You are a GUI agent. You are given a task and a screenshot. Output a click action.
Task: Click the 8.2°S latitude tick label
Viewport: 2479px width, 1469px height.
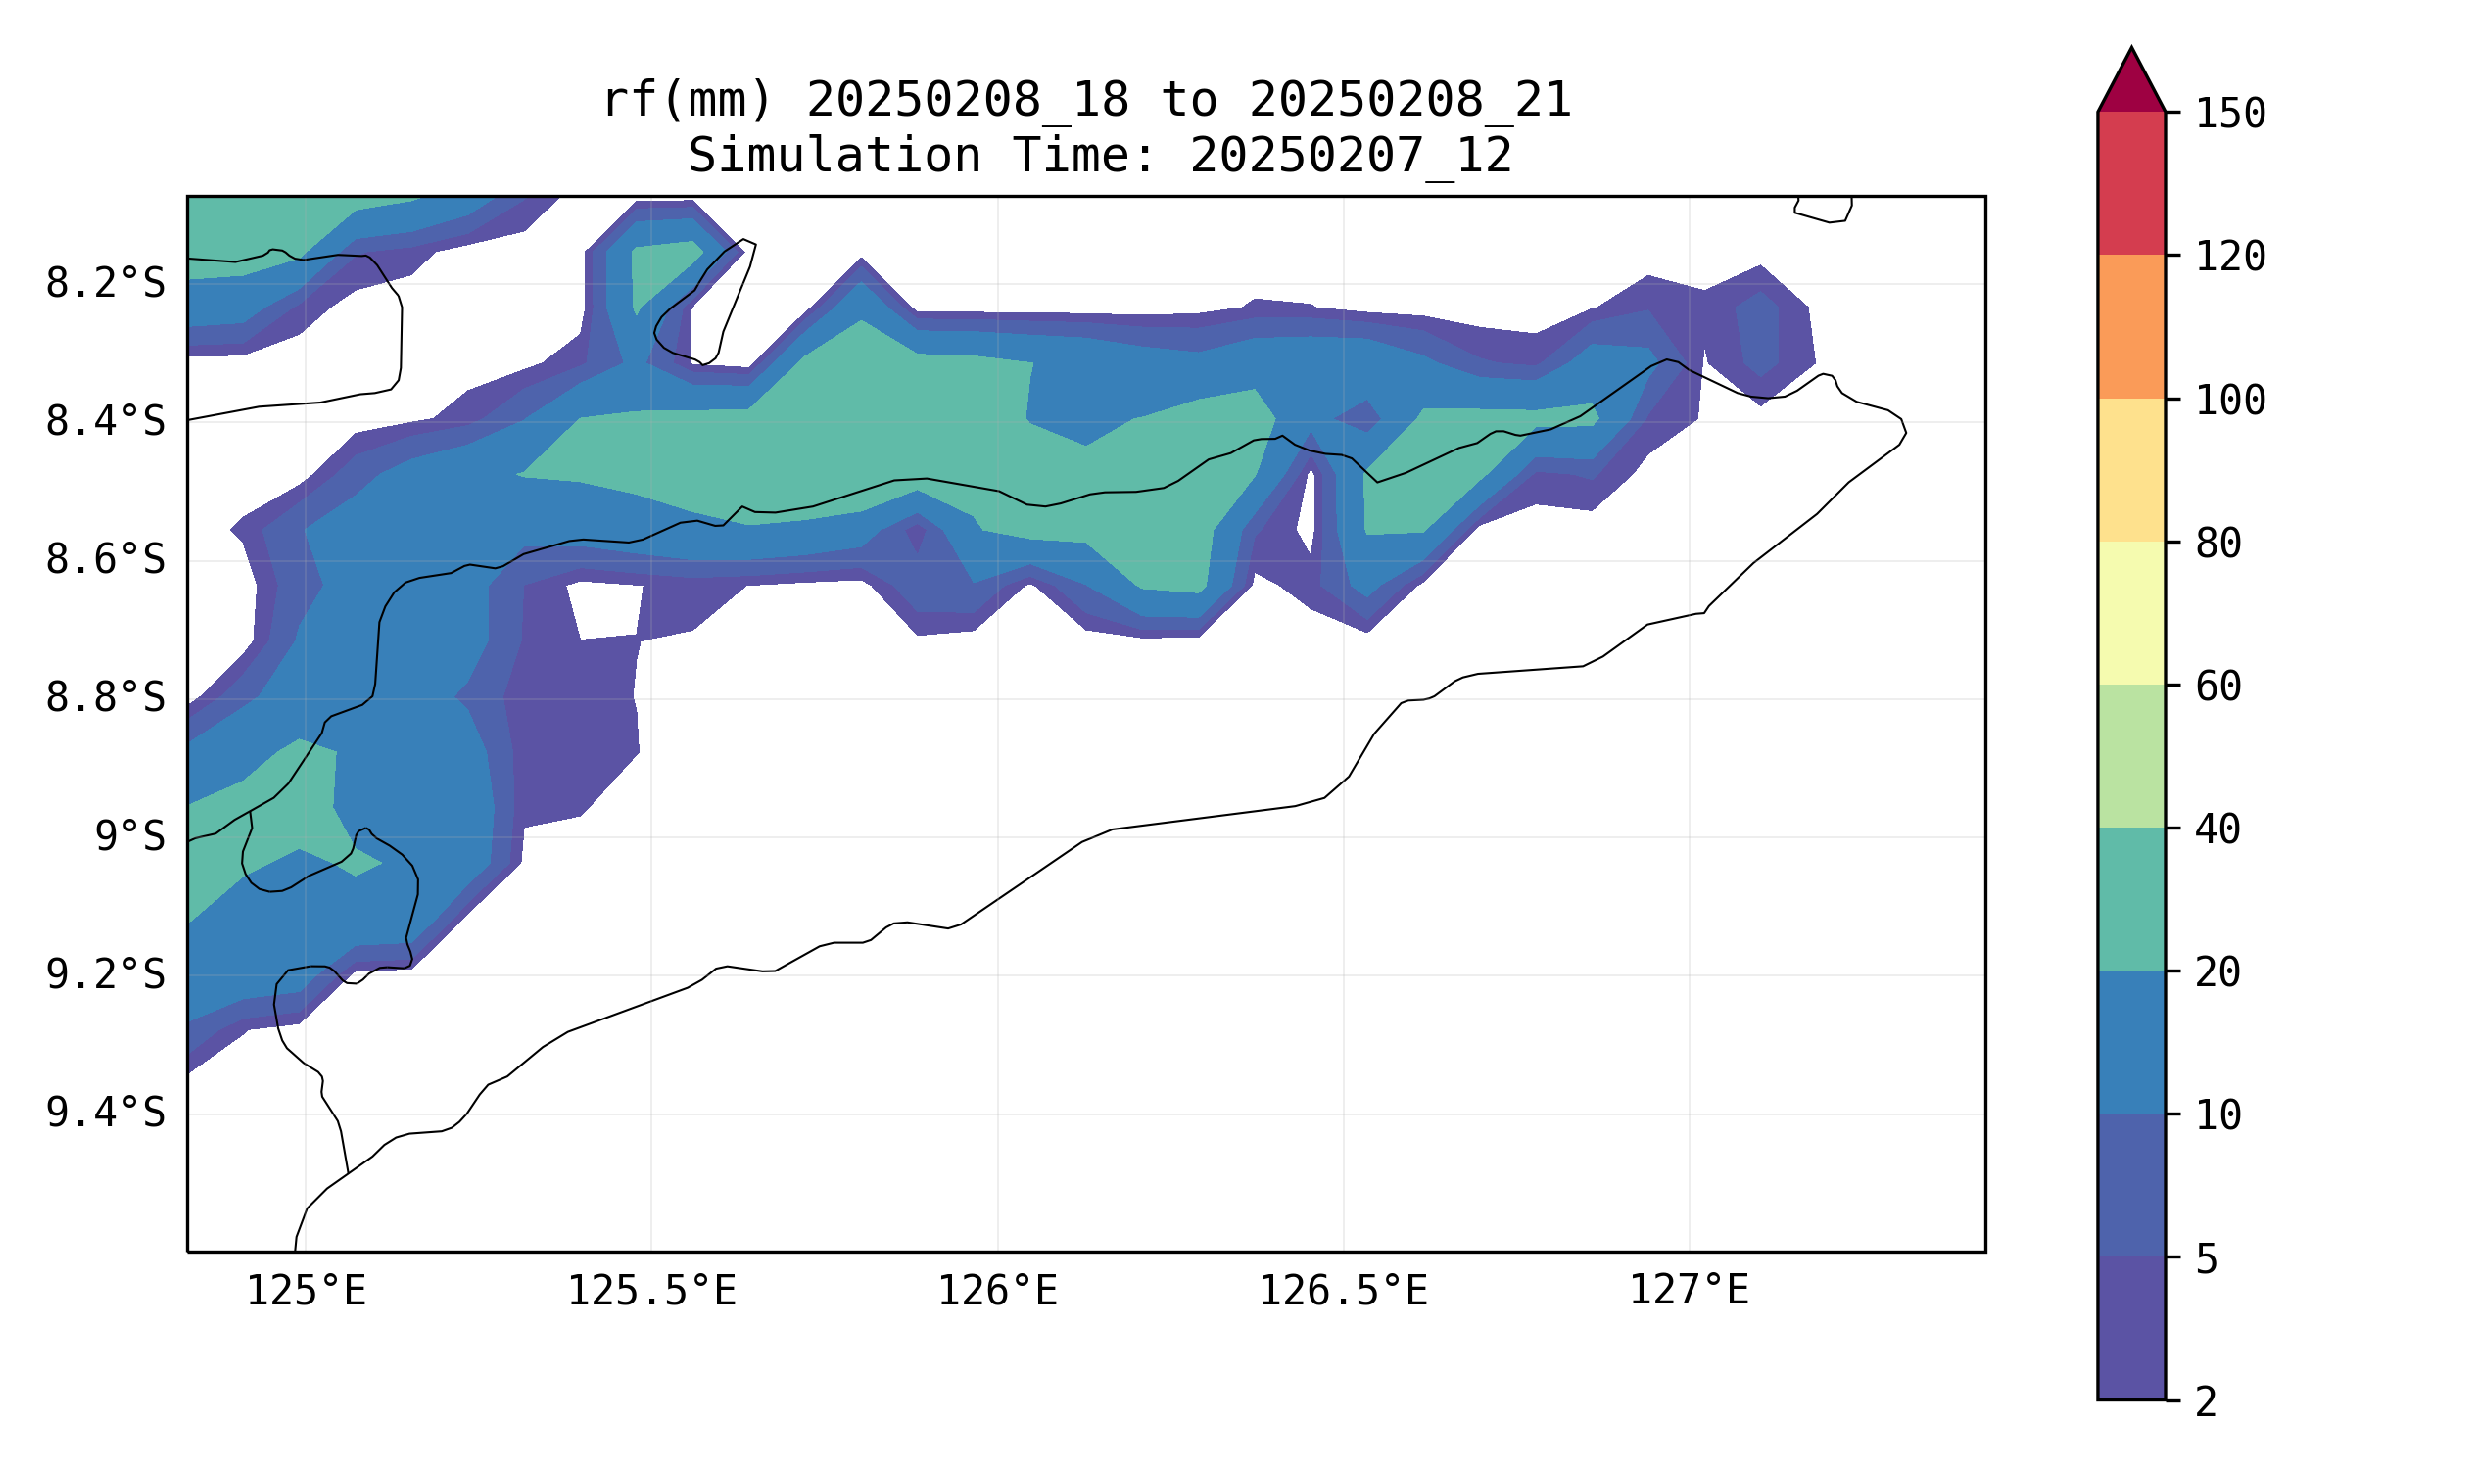point(105,284)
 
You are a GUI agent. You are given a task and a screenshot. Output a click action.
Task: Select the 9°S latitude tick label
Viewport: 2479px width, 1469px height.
point(129,837)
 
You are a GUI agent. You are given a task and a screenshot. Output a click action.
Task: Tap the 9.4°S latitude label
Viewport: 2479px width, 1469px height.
point(105,1114)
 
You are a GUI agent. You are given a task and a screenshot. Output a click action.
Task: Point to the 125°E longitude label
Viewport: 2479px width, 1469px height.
point(306,1291)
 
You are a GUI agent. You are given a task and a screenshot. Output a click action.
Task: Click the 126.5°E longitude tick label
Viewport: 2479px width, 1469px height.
point(1343,1291)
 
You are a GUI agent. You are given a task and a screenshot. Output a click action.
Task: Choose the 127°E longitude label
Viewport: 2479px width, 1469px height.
point(1689,1291)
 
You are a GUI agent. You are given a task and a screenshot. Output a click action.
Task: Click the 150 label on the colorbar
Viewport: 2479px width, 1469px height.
point(2230,114)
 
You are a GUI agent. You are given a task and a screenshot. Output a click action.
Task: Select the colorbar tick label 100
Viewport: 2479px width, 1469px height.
point(2230,401)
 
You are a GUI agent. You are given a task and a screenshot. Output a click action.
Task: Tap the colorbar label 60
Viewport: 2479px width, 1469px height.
point(2218,687)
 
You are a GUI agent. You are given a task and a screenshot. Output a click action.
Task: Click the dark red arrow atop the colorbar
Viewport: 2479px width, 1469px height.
point(2131,85)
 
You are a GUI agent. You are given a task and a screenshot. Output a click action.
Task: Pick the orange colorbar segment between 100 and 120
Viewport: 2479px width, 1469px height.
point(2131,327)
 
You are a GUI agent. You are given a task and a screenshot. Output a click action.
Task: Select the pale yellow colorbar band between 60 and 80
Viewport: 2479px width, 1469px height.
point(2131,614)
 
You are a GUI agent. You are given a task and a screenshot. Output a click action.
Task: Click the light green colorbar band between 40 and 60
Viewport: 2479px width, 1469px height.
point(2131,757)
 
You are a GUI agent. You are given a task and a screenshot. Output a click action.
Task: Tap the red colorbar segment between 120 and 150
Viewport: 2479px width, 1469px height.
point(2131,183)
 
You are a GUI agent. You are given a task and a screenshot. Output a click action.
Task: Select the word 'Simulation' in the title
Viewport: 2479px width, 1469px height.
point(834,156)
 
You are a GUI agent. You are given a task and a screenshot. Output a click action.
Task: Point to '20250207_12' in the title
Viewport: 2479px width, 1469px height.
point(1351,156)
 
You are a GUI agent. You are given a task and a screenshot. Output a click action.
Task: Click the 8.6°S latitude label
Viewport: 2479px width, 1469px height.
point(105,560)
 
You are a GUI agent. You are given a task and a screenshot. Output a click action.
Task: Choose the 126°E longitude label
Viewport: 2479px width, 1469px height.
point(997,1291)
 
